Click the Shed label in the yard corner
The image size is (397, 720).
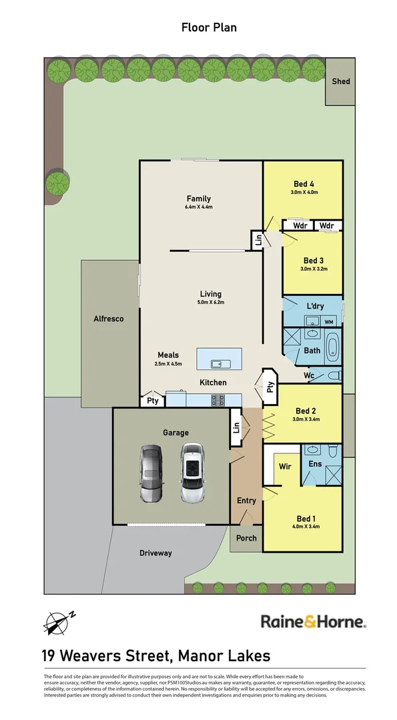tap(342, 81)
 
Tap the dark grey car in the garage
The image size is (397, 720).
tap(151, 473)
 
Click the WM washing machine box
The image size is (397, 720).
tap(328, 322)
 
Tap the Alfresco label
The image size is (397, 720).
tap(109, 319)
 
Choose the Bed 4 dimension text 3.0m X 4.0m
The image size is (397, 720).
tap(304, 193)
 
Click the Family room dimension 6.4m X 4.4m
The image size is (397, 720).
tap(199, 207)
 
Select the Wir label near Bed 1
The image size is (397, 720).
tap(285, 466)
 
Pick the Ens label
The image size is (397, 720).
tap(315, 463)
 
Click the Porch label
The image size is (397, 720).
tap(246, 538)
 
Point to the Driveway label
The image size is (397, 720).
tap(155, 553)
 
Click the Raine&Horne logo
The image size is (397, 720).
tap(313, 622)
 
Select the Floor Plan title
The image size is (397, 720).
tap(209, 27)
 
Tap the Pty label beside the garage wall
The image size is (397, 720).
tap(152, 401)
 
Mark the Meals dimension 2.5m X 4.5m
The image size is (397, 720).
tap(168, 364)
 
